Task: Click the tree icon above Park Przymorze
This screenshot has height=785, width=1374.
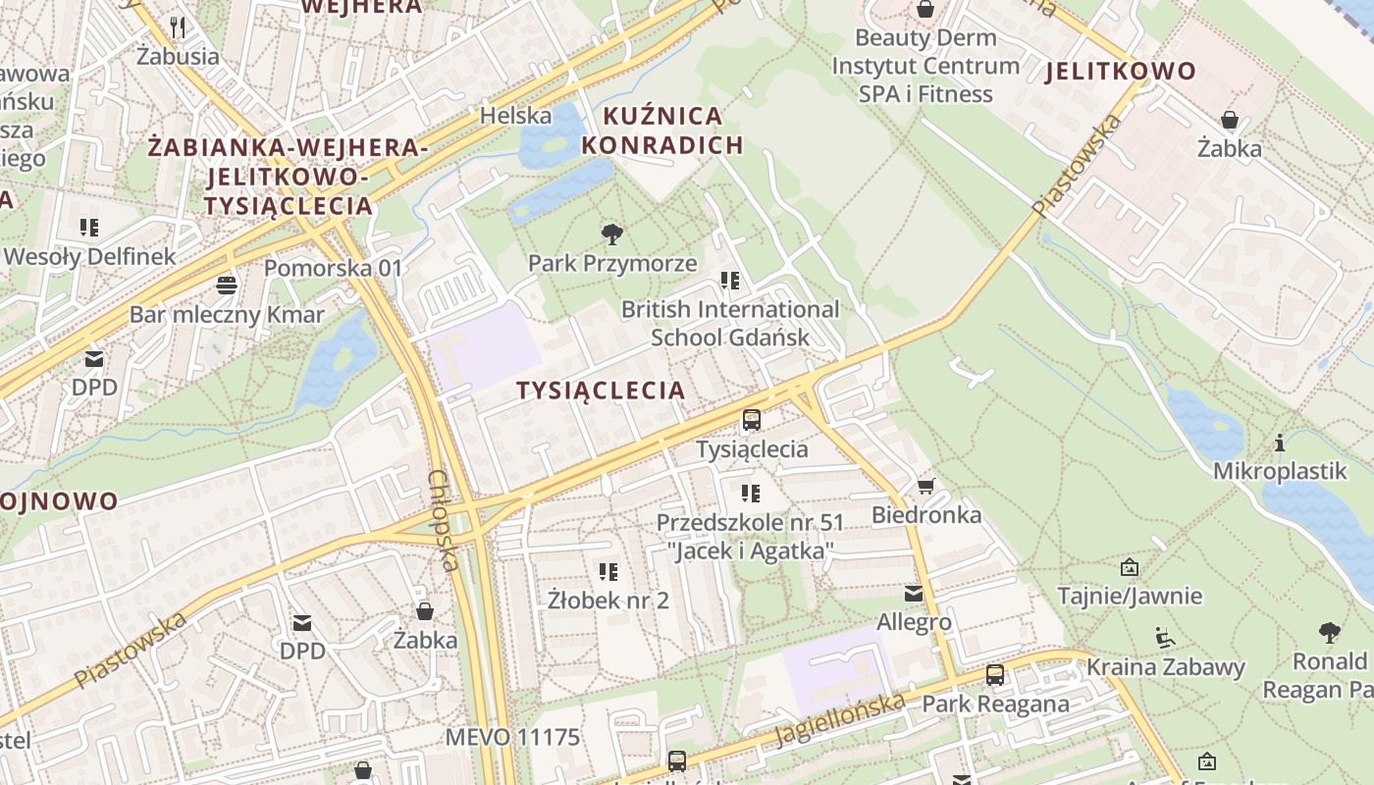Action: pyautogui.click(x=612, y=234)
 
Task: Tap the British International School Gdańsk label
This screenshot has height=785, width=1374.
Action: pyautogui.click(x=730, y=323)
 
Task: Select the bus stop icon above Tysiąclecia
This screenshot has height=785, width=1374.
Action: pyautogui.click(x=752, y=420)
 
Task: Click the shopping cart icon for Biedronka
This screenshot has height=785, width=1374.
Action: pyautogui.click(x=925, y=486)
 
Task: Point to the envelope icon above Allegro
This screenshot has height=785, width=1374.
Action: pyautogui.click(x=914, y=594)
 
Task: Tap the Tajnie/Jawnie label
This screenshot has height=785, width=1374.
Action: pyautogui.click(x=1129, y=596)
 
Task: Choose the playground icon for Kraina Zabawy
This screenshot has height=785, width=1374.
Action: pyautogui.click(x=1164, y=638)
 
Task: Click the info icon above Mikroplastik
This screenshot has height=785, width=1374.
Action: pyautogui.click(x=1280, y=443)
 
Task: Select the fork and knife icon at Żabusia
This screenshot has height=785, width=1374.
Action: pyautogui.click(x=178, y=26)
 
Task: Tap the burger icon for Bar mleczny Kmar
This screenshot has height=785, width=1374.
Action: pyautogui.click(x=227, y=286)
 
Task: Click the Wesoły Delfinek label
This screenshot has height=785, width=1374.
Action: pyautogui.click(x=89, y=257)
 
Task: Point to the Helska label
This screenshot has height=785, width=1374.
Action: pyautogui.click(x=515, y=116)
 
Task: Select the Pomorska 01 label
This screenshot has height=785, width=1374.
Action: pyautogui.click(x=333, y=268)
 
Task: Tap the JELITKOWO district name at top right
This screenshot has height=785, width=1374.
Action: pyautogui.click(x=1121, y=71)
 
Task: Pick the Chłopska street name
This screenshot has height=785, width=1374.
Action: pyautogui.click(x=443, y=520)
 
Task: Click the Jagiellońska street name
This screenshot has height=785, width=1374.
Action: pyautogui.click(x=839, y=719)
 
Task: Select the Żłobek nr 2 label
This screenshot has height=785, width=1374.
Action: pyautogui.click(x=608, y=600)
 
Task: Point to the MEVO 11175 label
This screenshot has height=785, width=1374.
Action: pyautogui.click(x=512, y=737)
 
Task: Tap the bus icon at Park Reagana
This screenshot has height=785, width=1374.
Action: pyautogui.click(x=995, y=675)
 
